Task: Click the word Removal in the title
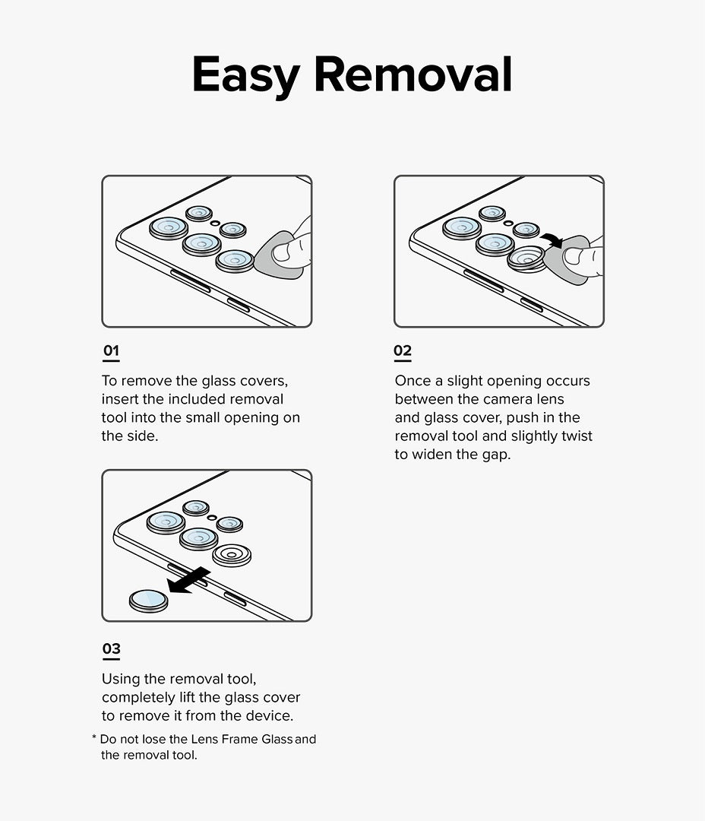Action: pos(413,74)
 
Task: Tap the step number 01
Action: pos(111,351)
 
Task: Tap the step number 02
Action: pos(403,351)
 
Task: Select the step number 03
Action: pos(111,649)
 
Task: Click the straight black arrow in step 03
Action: pos(188,582)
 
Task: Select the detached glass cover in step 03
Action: pos(148,601)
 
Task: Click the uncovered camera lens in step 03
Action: pos(232,555)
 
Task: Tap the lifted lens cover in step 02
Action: pos(526,258)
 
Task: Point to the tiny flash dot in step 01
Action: pos(216,223)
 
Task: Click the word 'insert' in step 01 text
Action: pos(120,399)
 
